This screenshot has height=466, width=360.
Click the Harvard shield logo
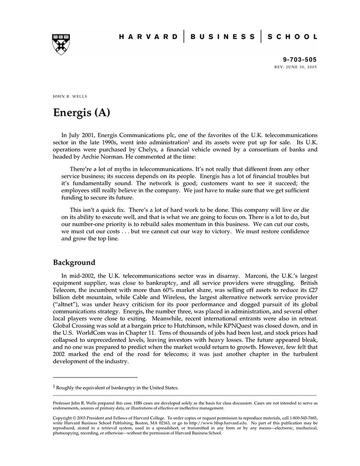(61, 45)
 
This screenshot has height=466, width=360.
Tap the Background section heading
(74, 262)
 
